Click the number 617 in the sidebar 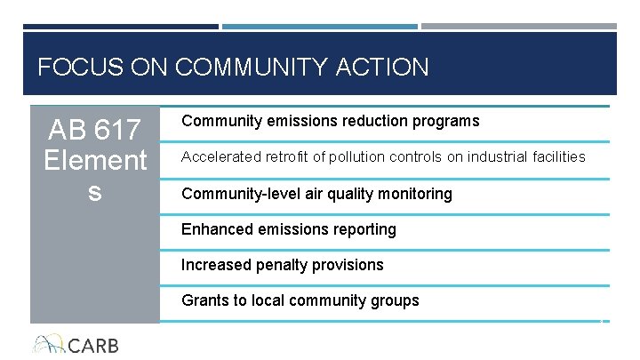pos(116,131)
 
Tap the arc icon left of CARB pos(47,344)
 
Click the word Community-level pos(234,194)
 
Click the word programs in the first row pos(446,121)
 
